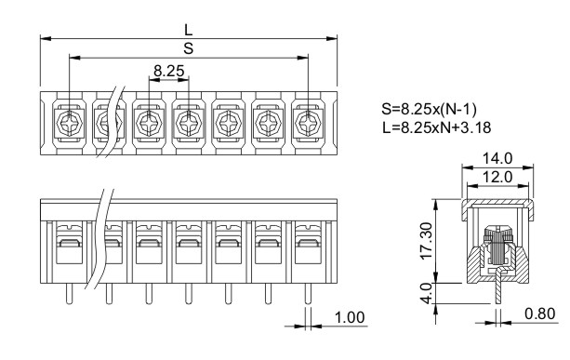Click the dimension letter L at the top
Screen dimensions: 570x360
click(x=189, y=30)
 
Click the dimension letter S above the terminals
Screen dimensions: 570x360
click(x=189, y=48)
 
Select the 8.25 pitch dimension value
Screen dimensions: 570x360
click(x=169, y=71)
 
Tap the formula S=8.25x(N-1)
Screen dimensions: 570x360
click(x=429, y=109)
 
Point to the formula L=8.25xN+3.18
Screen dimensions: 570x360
click(x=437, y=127)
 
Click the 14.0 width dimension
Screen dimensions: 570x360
click(x=497, y=158)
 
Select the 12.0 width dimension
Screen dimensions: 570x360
click(x=497, y=177)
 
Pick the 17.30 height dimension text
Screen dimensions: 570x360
click(x=426, y=241)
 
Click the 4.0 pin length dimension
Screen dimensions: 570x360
click(x=427, y=293)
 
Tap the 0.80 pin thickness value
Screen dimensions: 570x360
click(x=540, y=313)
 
